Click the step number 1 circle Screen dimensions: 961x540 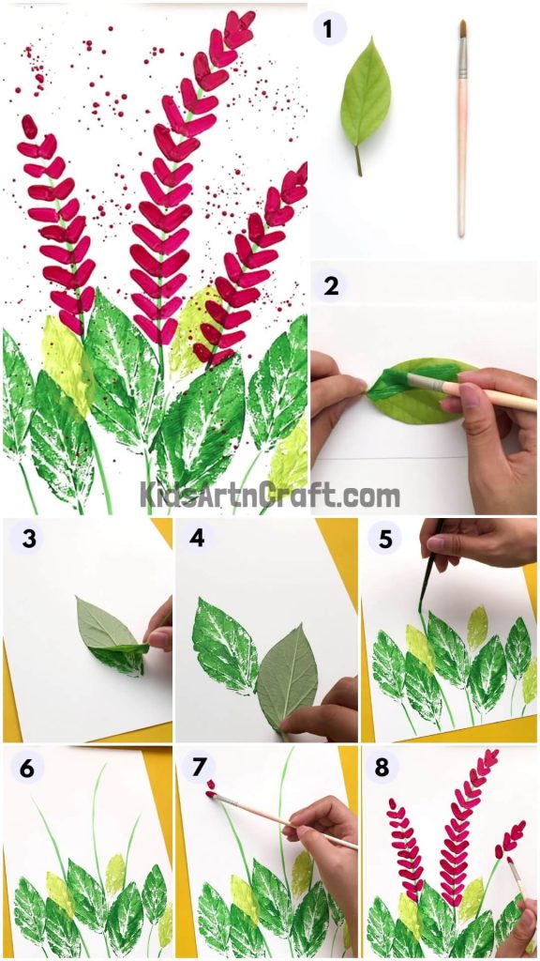coord(328,29)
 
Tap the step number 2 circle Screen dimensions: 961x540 coord(330,285)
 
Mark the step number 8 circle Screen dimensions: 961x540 coord(382,769)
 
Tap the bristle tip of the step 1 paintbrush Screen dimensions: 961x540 coord(462,29)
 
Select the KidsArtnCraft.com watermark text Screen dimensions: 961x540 coord(270,494)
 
